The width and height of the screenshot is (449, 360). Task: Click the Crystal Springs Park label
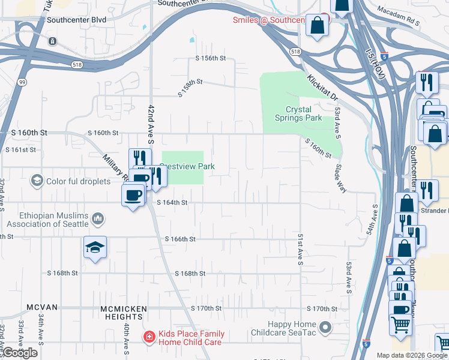[303, 113]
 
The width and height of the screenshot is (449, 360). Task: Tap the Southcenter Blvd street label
[76, 20]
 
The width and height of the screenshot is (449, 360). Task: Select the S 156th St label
[210, 58]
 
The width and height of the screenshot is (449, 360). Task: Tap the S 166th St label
[181, 239]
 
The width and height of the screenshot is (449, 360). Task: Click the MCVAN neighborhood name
[42, 307]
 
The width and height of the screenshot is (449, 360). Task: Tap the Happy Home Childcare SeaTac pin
[325, 328]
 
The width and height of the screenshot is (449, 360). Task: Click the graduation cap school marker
[95, 247]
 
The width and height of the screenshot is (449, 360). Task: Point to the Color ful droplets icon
[37, 181]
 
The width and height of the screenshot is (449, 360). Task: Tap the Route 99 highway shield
[21, 83]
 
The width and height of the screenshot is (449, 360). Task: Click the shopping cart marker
[401, 325]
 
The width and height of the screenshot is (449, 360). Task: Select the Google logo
[20, 353]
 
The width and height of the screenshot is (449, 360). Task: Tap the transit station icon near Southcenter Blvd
[53, 41]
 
